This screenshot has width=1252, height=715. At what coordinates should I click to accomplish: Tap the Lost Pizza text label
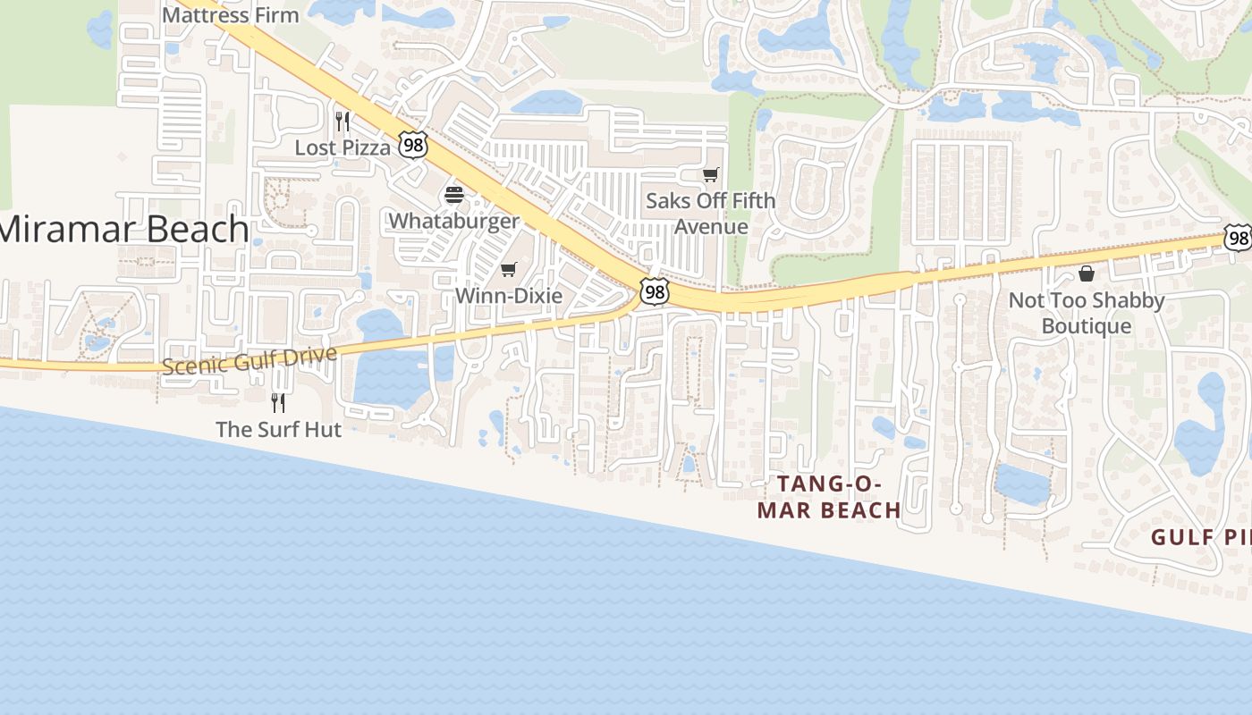pos(343,147)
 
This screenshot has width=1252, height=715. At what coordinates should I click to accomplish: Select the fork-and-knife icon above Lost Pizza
pos(343,121)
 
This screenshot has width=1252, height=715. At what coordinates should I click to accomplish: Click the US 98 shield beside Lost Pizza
pos(413,144)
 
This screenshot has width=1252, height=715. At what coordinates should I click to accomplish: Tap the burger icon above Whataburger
pos(454,195)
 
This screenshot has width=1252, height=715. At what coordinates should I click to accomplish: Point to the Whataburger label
pos(454,221)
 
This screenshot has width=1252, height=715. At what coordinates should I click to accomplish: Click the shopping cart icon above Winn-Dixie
pos(509,269)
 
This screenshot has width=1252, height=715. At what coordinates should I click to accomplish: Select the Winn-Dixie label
pos(509,295)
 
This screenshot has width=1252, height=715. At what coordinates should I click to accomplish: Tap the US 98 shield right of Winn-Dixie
pos(655,291)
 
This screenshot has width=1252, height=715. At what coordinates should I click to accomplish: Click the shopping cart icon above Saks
pos(711,174)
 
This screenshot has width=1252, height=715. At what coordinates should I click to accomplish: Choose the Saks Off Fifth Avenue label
pos(711,214)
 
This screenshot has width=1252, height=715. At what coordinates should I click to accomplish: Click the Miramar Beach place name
pos(123,230)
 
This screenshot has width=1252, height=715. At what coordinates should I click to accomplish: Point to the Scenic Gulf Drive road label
pos(250,360)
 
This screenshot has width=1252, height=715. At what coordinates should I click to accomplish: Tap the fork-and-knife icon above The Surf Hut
pos(279,403)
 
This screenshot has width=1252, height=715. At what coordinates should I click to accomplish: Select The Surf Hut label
pos(279,429)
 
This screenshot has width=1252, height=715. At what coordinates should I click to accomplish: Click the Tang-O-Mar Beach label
pos(829,497)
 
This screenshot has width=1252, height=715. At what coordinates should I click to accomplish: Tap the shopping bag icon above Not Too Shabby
pos(1087,273)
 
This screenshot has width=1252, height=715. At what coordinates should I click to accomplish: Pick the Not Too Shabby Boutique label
pos(1087,313)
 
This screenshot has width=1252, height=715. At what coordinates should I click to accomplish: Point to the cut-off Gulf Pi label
pos(1200,537)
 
